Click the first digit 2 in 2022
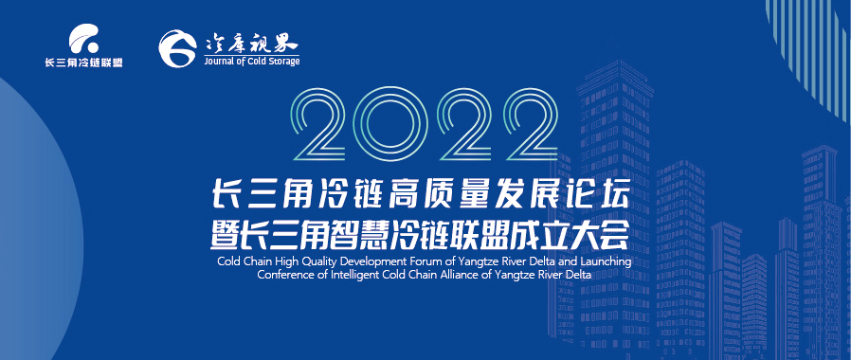(x=319, y=125)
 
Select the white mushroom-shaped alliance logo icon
(x=84, y=39)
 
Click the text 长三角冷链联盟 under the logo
(x=83, y=63)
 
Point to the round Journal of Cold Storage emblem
(x=177, y=48)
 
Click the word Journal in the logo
(x=218, y=62)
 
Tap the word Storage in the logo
(x=283, y=62)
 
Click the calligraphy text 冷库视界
(x=252, y=43)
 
